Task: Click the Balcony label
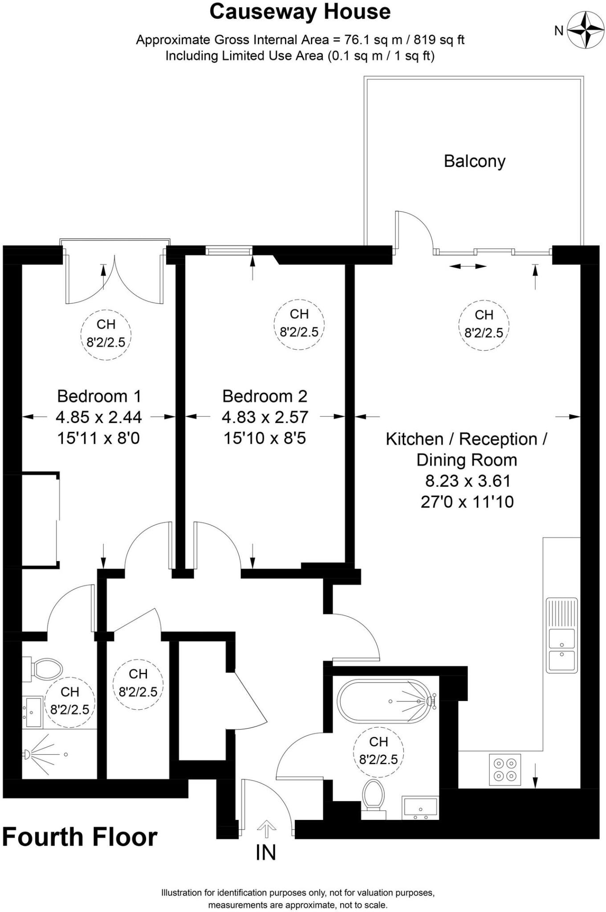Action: (x=474, y=161)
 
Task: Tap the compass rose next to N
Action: (x=584, y=30)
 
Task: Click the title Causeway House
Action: (x=300, y=12)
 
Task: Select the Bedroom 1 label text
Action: (x=99, y=396)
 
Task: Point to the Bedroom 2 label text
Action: (x=264, y=396)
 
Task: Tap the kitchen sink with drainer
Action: (x=561, y=635)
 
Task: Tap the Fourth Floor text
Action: (x=80, y=837)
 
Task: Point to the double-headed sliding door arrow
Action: (x=467, y=266)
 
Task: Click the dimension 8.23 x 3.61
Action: (x=468, y=481)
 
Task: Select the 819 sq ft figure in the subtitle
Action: (x=439, y=40)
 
